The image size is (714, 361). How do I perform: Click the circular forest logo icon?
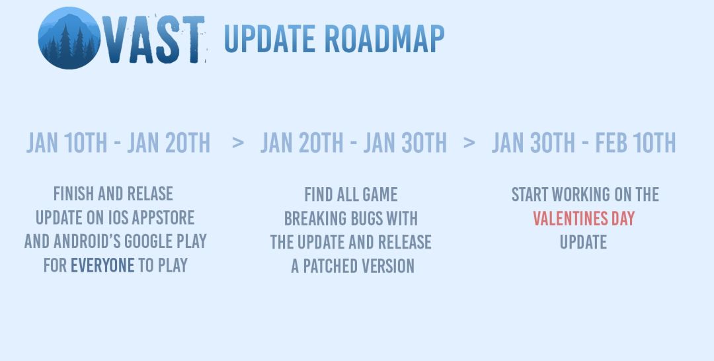pos(69,38)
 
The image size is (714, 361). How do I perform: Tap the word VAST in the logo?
pos(154,39)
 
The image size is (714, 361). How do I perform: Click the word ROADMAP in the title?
pos(385,39)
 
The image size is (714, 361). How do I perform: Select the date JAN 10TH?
pos(67,143)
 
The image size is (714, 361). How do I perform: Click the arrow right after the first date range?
pos(238,143)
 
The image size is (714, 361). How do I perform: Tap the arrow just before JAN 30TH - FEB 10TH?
pos(469,143)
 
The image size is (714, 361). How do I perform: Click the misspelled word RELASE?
pos(150,194)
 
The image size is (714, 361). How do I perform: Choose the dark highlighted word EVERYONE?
pos(102,265)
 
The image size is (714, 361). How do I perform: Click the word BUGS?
pos(366,218)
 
